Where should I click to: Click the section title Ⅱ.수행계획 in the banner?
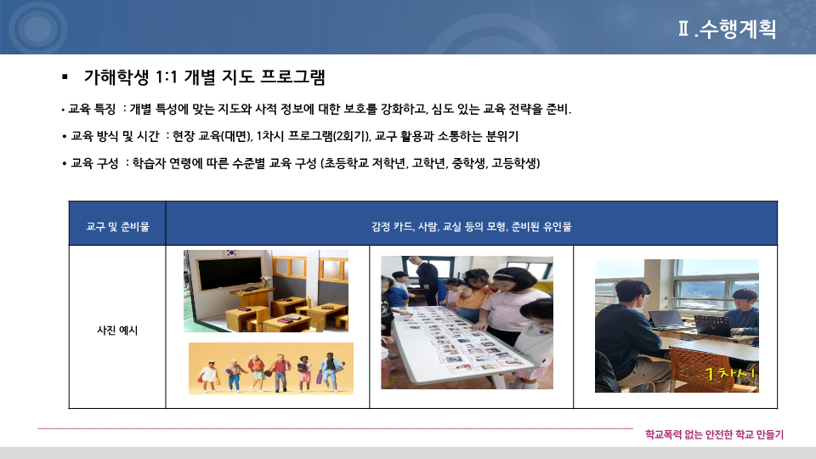coord(727,29)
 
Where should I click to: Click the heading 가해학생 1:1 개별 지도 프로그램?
coord(205,77)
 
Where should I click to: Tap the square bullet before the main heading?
coord(65,77)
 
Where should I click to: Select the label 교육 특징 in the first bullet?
coord(92,110)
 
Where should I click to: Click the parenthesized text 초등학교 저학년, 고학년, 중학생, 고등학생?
coord(430,163)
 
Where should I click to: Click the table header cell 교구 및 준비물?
coord(117,226)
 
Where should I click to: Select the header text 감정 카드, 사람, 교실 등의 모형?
coord(439,226)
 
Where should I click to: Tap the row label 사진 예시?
coord(117,330)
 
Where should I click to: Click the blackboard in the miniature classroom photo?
coord(229,273)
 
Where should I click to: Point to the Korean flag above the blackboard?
coord(231,253)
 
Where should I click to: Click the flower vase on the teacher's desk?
coord(266,282)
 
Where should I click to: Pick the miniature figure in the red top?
coord(281,372)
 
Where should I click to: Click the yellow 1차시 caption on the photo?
coord(729,372)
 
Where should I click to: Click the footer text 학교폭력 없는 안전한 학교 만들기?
coord(714,434)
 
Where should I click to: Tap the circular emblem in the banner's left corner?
coord(37,28)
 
